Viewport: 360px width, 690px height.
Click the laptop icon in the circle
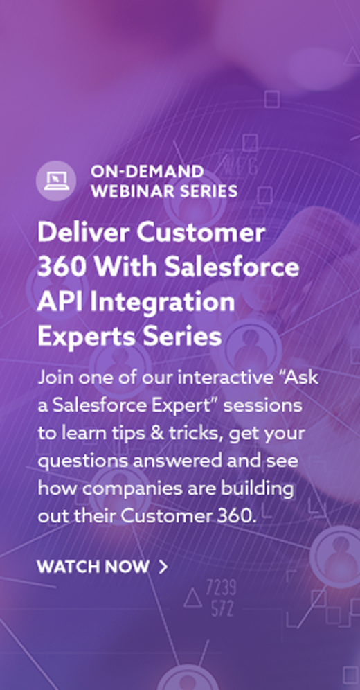[56, 180]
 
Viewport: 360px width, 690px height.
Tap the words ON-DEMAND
[147, 172]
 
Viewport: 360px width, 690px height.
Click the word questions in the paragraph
[82, 462]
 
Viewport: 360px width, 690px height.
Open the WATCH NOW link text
[93, 567]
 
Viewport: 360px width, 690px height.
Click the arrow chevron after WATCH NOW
[163, 567]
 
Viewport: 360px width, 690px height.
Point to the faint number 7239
[221, 587]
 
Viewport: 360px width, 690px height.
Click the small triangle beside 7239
[192, 598]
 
